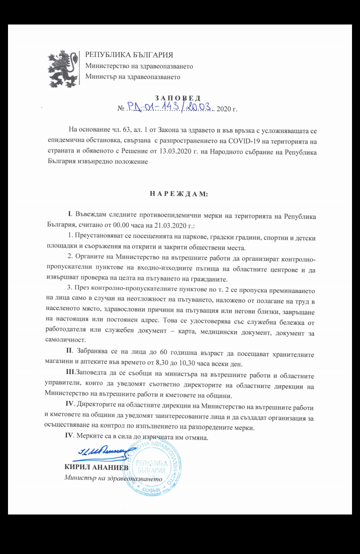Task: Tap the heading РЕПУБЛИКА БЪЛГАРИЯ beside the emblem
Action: (129, 54)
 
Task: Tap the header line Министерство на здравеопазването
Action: (139, 65)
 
